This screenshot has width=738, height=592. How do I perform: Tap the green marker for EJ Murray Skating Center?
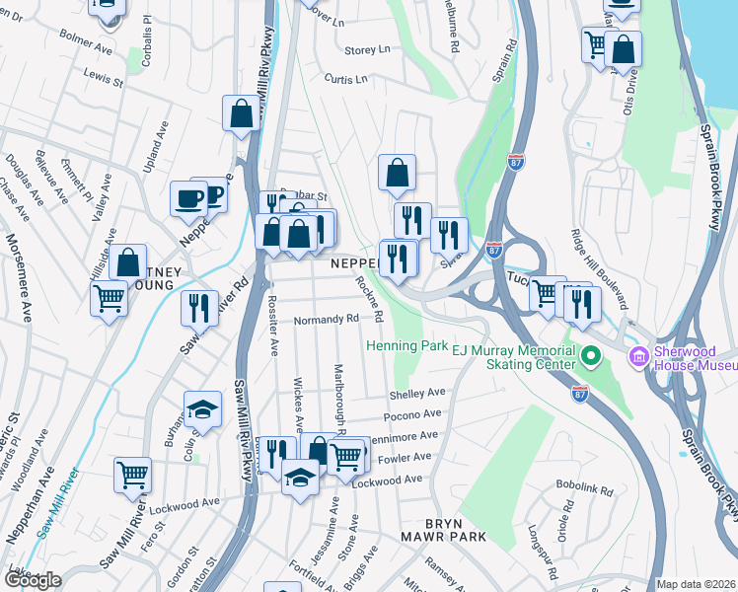pyautogui.click(x=591, y=354)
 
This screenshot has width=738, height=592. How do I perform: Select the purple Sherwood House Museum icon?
pyautogui.click(x=637, y=354)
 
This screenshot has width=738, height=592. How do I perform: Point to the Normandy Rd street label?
pyautogui.click(x=327, y=320)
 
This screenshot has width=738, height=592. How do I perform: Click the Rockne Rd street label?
pyautogui.click(x=370, y=297)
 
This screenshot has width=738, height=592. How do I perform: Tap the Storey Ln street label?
pyautogui.click(x=367, y=49)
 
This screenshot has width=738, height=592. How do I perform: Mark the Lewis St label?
pyautogui.click(x=103, y=74)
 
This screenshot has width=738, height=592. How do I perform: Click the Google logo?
pyautogui.click(x=33, y=579)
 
